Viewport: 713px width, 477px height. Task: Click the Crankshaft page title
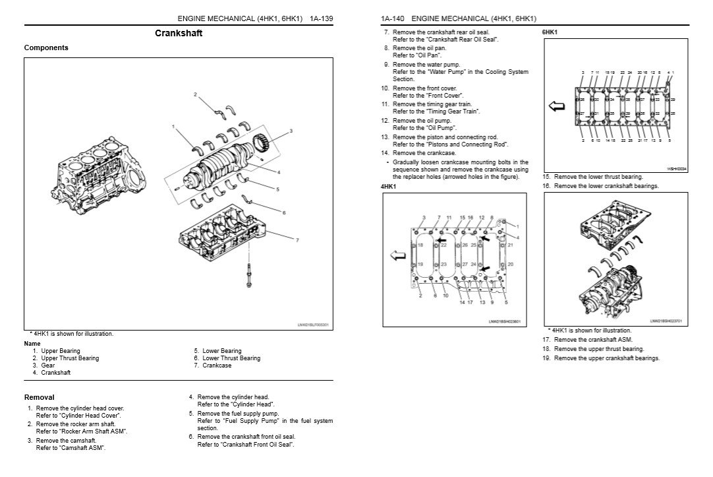(x=179, y=33)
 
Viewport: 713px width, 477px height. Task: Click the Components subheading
(x=46, y=48)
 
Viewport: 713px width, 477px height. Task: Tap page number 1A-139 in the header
(x=320, y=18)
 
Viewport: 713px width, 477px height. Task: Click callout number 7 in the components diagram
(x=298, y=239)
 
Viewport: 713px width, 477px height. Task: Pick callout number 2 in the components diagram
(x=195, y=95)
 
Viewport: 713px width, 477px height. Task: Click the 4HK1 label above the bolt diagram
(x=389, y=187)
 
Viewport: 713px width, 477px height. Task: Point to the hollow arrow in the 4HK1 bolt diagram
(x=397, y=255)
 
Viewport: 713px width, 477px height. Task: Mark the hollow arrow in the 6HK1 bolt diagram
(x=557, y=106)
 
